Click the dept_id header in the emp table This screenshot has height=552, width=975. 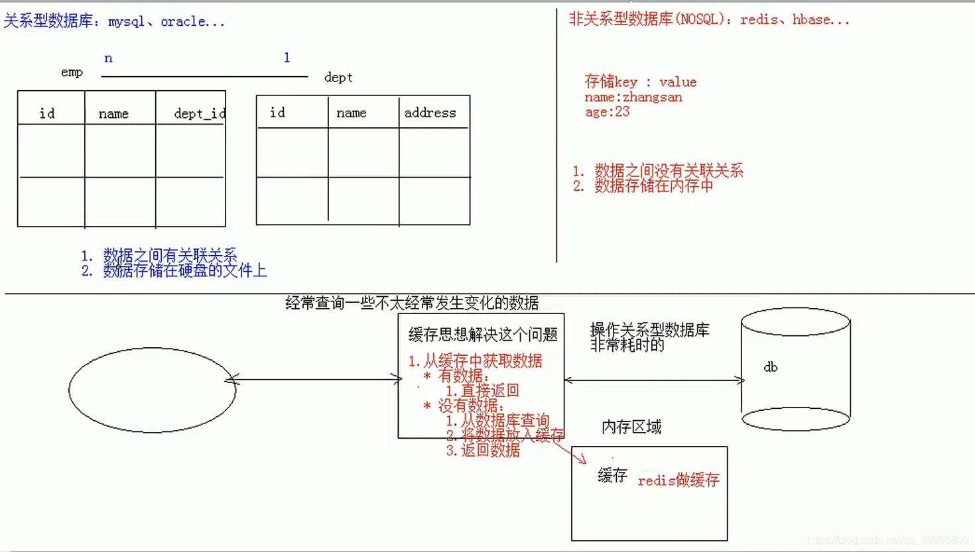199,114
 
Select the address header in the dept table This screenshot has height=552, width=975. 430,113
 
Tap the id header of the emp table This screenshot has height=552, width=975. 47,114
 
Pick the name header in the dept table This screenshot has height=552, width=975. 351,113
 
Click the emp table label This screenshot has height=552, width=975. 72,72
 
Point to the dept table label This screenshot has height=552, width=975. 338,78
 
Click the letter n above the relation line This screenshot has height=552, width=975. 108,58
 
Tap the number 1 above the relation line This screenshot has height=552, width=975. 287,58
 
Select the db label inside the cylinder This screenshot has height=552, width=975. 770,367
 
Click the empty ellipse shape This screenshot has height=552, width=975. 153,390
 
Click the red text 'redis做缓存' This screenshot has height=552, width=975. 678,480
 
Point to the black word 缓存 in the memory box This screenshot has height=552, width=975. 612,475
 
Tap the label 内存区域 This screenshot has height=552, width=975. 631,427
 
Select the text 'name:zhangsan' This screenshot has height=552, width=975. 633,97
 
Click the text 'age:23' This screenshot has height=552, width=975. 607,112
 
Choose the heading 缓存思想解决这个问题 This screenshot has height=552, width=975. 483,335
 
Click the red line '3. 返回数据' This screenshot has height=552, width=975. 483,451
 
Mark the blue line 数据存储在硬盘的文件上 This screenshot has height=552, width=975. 184,270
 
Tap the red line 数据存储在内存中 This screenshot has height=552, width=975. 653,186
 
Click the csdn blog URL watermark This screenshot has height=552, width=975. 887,540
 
